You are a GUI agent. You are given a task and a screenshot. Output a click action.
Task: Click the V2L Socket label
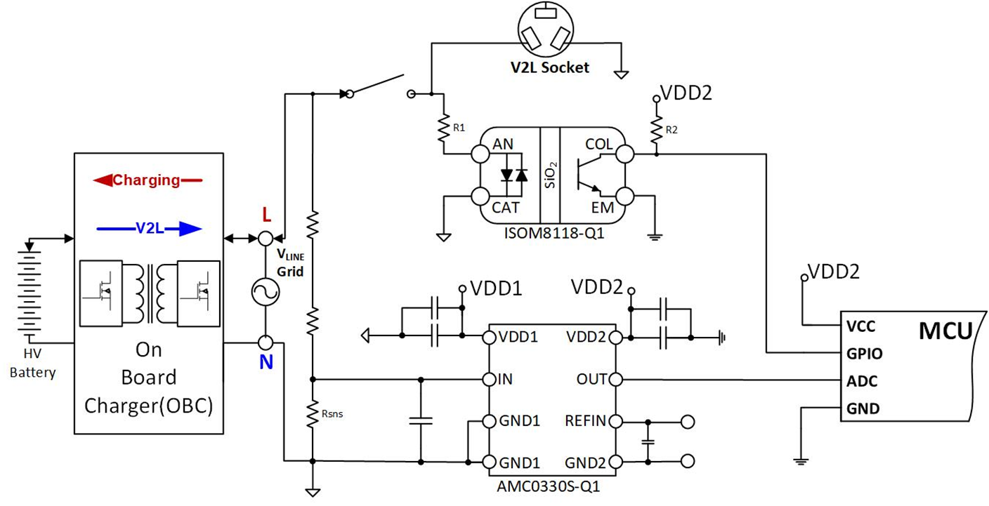click(x=550, y=68)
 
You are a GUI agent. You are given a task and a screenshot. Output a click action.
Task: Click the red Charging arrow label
click(x=147, y=180)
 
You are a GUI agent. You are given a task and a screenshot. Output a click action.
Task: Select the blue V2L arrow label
click(x=148, y=228)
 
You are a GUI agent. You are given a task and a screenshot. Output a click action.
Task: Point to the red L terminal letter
click(x=266, y=213)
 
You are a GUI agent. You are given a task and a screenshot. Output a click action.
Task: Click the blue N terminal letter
click(x=266, y=364)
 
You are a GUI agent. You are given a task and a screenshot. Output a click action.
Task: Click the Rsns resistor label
click(x=332, y=413)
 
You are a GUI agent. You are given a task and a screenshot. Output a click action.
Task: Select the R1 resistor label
click(x=459, y=128)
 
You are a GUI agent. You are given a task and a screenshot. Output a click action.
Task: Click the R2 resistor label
click(x=672, y=129)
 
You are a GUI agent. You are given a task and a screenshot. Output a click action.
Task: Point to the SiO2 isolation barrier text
click(x=549, y=173)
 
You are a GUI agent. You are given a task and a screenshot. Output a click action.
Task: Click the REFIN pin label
click(x=585, y=421)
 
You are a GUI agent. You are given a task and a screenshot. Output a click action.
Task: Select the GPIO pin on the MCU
click(x=864, y=354)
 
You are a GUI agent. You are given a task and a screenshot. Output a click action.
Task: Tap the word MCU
click(x=945, y=331)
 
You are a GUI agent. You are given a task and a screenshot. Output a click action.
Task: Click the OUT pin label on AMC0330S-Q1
click(x=591, y=380)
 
